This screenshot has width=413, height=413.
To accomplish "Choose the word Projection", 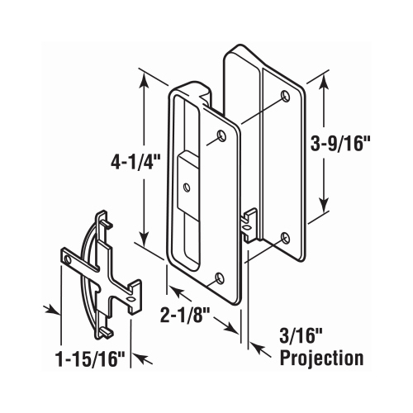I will [x=322, y=359].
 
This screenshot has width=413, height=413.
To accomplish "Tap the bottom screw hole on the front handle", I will [x=220, y=278].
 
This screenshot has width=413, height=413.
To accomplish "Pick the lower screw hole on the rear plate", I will [x=284, y=238].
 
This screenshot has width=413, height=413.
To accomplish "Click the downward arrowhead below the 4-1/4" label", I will [x=146, y=240].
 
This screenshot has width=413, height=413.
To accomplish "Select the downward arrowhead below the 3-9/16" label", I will [x=324, y=210].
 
